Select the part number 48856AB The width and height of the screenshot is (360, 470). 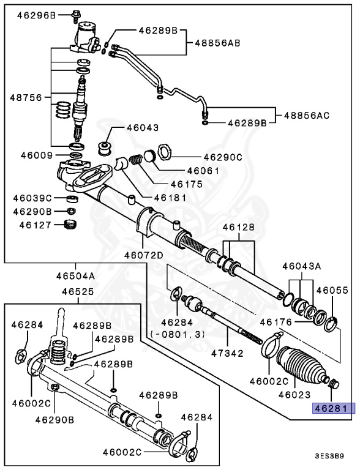(217, 43)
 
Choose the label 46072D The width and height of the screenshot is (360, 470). (143, 255)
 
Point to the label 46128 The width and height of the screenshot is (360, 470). (238, 227)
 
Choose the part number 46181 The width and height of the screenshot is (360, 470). (168, 197)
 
